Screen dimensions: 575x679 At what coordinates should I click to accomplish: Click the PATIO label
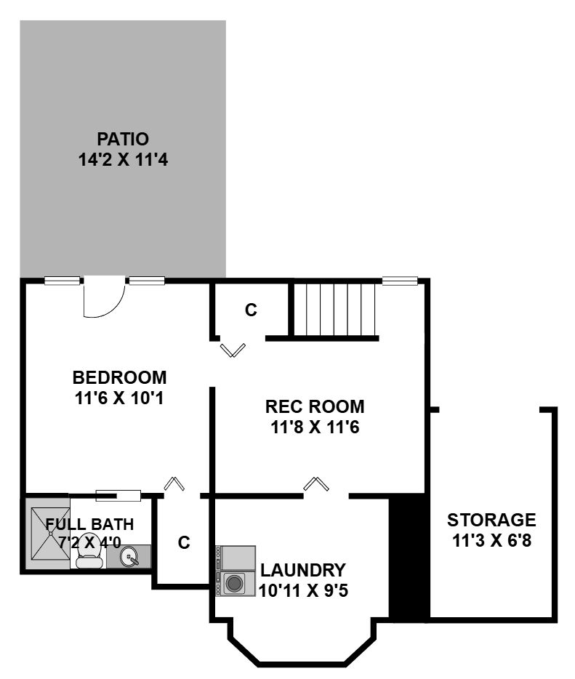tap(123, 139)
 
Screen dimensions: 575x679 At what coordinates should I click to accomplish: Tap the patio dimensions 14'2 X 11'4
tap(123, 160)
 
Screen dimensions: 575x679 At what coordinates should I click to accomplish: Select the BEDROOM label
tap(119, 377)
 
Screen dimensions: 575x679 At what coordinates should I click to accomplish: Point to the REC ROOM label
tap(315, 406)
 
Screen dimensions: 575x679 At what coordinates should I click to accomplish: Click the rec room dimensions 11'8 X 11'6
tap(315, 427)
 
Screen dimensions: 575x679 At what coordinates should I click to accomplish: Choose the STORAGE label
tap(491, 520)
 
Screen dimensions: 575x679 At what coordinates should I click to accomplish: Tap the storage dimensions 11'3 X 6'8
tap(491, 540)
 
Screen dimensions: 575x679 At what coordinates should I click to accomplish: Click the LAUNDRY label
tap(303, 570)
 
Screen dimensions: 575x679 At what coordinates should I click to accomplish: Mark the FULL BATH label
tap(89, 524)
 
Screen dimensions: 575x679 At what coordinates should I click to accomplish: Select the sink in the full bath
tap(129, 557)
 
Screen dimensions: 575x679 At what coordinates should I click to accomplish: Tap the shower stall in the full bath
tap(48, 534)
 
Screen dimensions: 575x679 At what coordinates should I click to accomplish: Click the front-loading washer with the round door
tap(234, 583)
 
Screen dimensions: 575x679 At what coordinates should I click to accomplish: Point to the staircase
tap(334, 310)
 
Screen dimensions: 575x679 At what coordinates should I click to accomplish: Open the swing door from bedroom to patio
tap(104, 299)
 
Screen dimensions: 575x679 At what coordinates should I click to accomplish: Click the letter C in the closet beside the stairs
tap(251, 310)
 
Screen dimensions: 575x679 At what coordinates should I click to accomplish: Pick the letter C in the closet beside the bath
tap(184, 542)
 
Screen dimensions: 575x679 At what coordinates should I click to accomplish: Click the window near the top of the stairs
tap(400, 281)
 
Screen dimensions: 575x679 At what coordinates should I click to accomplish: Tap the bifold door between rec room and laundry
tap(316, 484)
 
